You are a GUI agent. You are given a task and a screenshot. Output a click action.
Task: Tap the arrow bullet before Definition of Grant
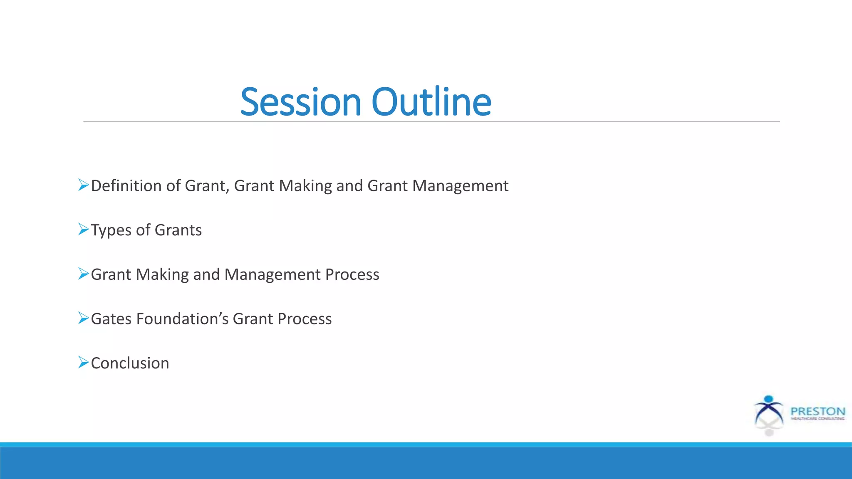(83, 185)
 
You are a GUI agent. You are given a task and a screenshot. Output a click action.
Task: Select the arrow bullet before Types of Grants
(83, 229)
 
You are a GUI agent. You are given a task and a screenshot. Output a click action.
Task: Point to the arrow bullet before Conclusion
(83, 362)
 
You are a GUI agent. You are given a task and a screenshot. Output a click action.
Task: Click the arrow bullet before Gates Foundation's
(83, 318)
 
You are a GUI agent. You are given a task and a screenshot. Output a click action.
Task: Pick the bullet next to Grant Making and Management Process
(83, 274)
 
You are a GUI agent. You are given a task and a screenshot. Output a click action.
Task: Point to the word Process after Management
(352, 274)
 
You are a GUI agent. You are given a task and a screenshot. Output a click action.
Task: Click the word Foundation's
(182, 319)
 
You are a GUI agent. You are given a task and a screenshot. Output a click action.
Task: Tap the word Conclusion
(130, 363)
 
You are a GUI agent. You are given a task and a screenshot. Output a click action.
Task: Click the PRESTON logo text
(817, 411)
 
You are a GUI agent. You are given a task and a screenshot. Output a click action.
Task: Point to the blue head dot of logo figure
(769, 399)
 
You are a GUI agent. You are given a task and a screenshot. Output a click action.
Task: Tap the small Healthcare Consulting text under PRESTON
(817, 419)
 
